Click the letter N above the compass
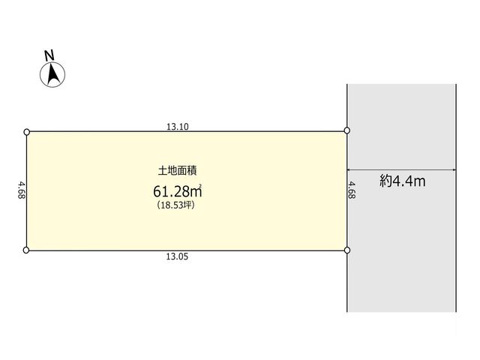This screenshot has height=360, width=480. click(49, 55)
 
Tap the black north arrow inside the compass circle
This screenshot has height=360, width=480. click(53, 74)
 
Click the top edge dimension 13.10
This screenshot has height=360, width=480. click(178, 127)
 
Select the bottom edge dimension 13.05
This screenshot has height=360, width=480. click(177, 256)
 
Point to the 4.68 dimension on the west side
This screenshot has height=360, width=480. click(22, 190)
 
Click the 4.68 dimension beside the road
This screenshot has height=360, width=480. click(352, 190)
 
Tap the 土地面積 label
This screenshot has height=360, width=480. click(177, 170)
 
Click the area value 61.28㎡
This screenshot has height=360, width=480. click(178, 191)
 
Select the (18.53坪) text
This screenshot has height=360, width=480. click(175, 205)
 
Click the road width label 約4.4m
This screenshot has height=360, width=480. click(403, 181)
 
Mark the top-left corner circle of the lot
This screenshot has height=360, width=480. click(27, 132)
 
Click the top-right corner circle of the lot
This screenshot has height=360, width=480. click(346, 130)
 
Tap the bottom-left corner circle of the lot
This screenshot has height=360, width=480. click(26, 250)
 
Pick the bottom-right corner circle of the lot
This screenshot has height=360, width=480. click(347, 250)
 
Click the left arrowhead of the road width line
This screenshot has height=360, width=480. click(349, 169)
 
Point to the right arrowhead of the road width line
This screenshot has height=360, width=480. click(454, 169)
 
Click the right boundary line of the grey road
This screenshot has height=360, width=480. click(456, 198)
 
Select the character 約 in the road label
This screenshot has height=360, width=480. click(385, 181)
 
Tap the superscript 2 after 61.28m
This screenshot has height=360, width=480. click(200, 185)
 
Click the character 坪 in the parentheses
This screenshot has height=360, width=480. click(188, 205)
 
